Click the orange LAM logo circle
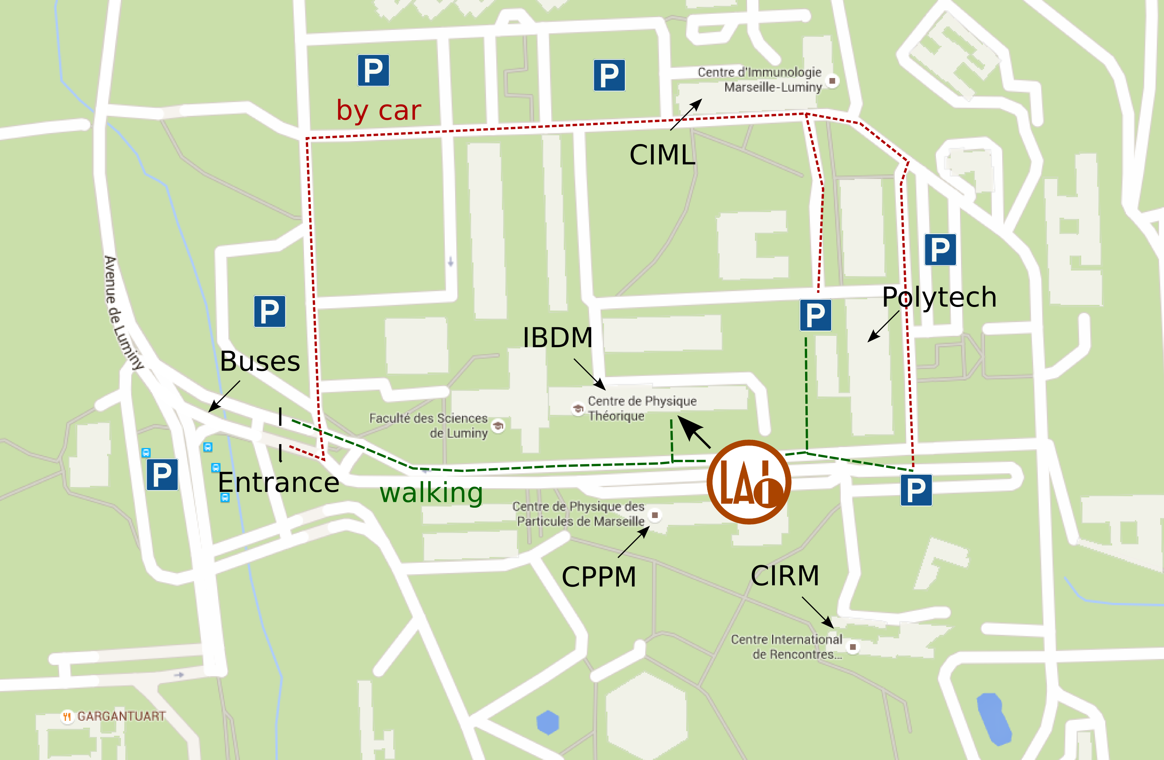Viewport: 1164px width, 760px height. [x=748, y=482]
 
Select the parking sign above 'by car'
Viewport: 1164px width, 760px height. [x=373, y=70]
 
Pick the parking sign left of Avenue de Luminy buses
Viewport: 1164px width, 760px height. [x=162, y=475]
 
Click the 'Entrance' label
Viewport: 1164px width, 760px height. [x=278, y=483]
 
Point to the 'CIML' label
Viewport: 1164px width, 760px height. [x=662, y=155]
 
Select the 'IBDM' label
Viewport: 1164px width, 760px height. [x=557, y=338]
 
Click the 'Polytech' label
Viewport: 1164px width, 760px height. [x=939, y=297]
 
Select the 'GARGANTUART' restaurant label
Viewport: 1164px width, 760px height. [x=121, y=716]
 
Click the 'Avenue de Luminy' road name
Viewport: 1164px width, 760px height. [x=124, y=313]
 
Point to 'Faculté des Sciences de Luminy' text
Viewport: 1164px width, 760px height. [x=429, y=426]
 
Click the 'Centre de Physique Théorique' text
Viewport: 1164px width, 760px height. [x=641, y=408]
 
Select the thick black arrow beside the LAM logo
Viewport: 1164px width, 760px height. [x=694, y=433]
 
